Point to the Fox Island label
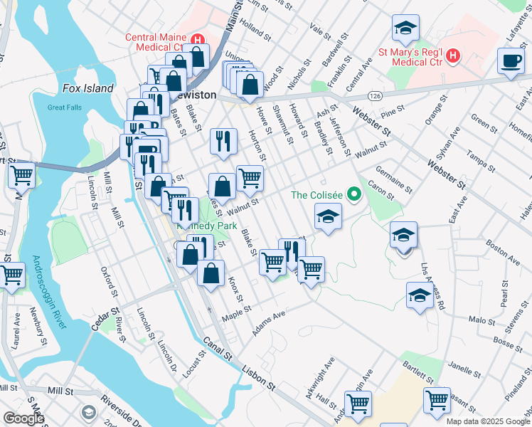[x=87, y=88]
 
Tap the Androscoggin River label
[x=48, y=292]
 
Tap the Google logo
[x=23, y=419]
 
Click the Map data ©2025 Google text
[x=487, y=421]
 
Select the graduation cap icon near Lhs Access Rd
[x=420, y=297]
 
